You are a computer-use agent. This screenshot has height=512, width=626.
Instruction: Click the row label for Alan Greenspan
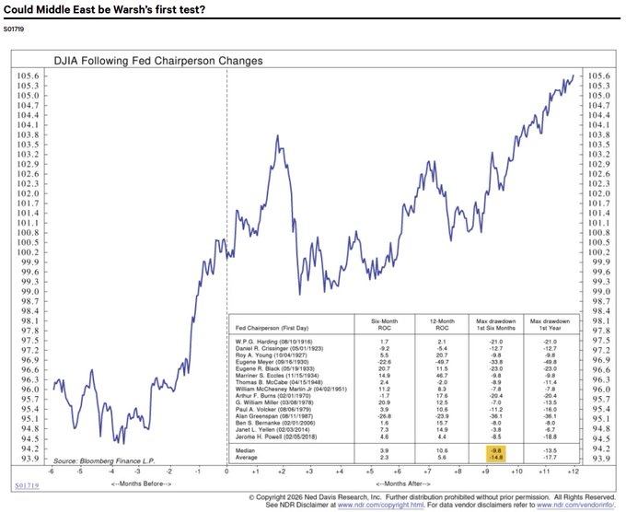[273, 415]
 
